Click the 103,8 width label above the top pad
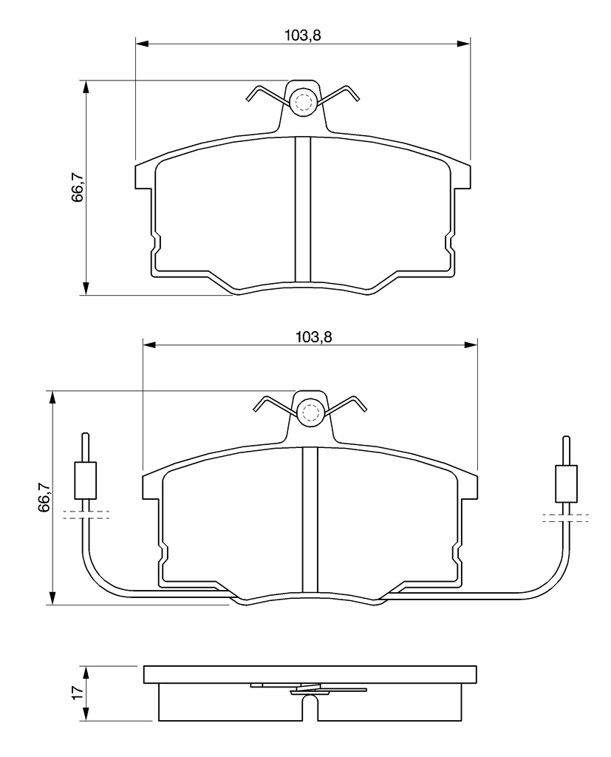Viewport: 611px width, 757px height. (x=303, y=35)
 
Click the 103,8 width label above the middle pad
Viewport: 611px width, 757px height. (x=314, y=336)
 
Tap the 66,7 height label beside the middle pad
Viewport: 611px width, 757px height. (x=44, y=497)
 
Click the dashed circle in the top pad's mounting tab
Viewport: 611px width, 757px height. (x=304, y=102)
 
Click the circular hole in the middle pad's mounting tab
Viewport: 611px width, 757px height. (x=310, y=412)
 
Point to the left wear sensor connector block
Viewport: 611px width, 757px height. (x=86, y=481)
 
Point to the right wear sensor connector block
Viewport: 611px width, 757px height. (x=566, y=483)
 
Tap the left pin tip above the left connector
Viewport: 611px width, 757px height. (x=86, y=435)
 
